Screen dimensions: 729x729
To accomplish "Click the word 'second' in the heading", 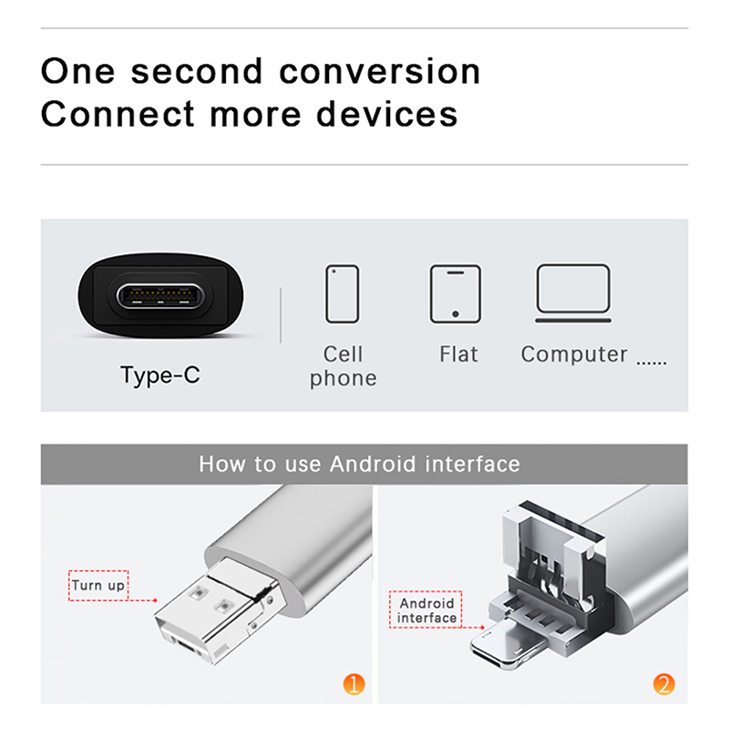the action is (197, 72).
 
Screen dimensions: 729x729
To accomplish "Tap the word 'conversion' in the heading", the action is (379, 72).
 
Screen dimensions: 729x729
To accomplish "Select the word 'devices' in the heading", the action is (387, 114).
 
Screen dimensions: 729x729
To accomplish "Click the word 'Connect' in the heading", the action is (118, 114).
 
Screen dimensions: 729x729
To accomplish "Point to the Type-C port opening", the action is (160, 295).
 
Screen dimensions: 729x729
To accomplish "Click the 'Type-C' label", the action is (160, 375).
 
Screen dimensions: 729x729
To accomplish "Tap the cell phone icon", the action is (343, 293).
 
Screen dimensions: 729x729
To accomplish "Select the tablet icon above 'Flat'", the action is (455, 293).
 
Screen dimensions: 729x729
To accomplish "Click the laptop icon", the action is (573, 293).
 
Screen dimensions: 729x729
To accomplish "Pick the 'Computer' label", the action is (574, 354).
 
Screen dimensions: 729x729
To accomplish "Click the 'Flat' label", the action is (458, 354).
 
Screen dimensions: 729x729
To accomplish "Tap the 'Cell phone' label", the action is (344, 366).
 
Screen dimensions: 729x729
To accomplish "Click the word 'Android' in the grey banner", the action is (373, 464).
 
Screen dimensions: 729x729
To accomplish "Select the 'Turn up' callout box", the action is (98, 585).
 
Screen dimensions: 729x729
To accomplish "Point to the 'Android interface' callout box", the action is (426, 610).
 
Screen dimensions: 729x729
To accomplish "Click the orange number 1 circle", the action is (354, 684).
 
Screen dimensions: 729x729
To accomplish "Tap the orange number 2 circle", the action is (663, 684).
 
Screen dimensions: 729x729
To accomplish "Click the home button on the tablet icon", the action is (455, 314).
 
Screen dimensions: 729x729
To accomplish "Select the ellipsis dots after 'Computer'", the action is (652, 363).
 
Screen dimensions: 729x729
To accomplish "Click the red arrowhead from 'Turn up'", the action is (155, 601).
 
